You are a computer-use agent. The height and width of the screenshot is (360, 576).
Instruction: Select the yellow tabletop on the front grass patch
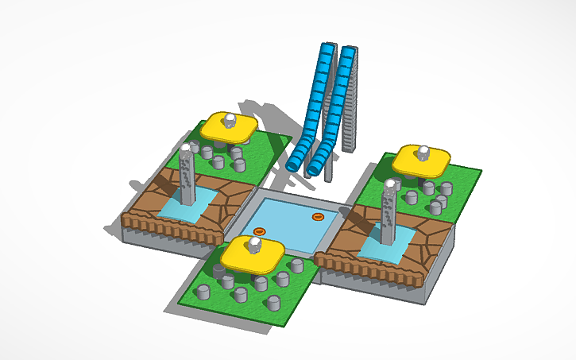pyautogui.click(x=253, y=254)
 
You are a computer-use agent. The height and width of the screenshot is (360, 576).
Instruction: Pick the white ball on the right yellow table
pyautogui.click(x=423, y=150)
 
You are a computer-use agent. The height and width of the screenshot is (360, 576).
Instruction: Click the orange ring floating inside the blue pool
pyautogui.click(x=318, y=215)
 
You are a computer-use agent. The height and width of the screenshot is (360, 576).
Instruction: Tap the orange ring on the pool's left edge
pyautogui.click(x=259, y=231)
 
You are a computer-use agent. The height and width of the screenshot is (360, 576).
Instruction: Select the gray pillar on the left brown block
pyautogui.click(x=187, y=179)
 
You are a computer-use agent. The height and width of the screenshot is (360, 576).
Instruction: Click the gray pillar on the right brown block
pyautogui.click(x=389, y=213)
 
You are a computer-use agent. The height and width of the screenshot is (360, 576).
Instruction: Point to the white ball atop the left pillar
pyautogui.click(x=186, y=148)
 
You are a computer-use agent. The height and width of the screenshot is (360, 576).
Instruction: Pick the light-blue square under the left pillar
pyautogui.click(x=187, y=207)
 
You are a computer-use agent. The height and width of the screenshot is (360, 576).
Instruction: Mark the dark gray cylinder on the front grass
pyautogui.click(x=219, y=271)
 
